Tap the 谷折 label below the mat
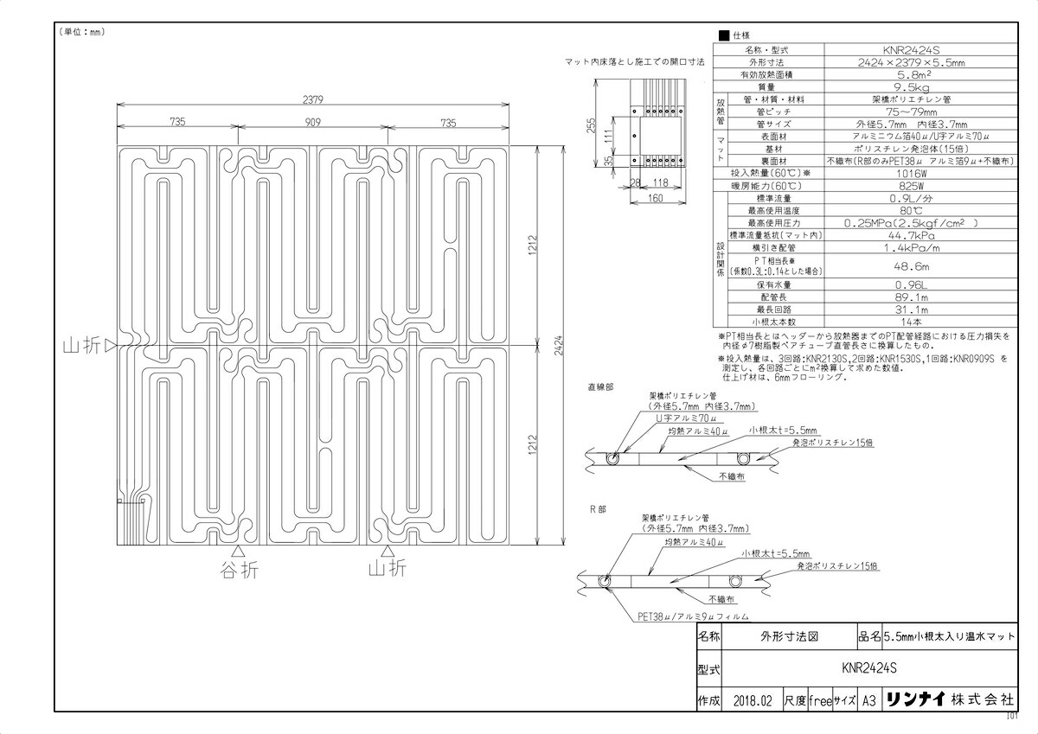(x=239, y=570)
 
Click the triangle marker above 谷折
(x=239, y=551)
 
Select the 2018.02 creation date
(x=751, y=701)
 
